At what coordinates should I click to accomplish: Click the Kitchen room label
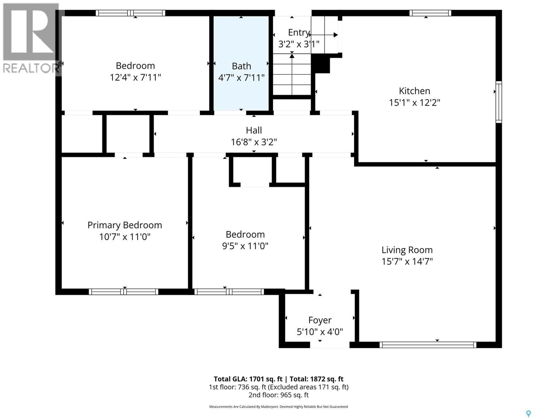[x=414, y=91]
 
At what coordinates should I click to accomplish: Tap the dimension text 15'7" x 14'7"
[x=407, y=262]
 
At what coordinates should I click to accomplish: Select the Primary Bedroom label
[x=125, y=225]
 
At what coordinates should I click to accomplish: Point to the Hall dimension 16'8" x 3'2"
[x=254, y=142]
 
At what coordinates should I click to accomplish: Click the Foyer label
[x=320, y=320]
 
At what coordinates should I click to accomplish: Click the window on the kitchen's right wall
[x=499, y=102]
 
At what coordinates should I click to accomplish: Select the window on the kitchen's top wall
[x=430, y=13]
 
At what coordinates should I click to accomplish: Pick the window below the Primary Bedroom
[x=123, y=292]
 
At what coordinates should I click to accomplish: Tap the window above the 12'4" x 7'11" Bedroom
[x=130, y=13]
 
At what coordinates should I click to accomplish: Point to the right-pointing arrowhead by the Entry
[x=335, y=35]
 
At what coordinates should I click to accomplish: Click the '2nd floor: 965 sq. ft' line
[x=278, y=395]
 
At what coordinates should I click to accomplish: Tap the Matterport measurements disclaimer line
[x=278, y=407]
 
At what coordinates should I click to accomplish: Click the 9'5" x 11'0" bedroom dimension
[x=245, y=246]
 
